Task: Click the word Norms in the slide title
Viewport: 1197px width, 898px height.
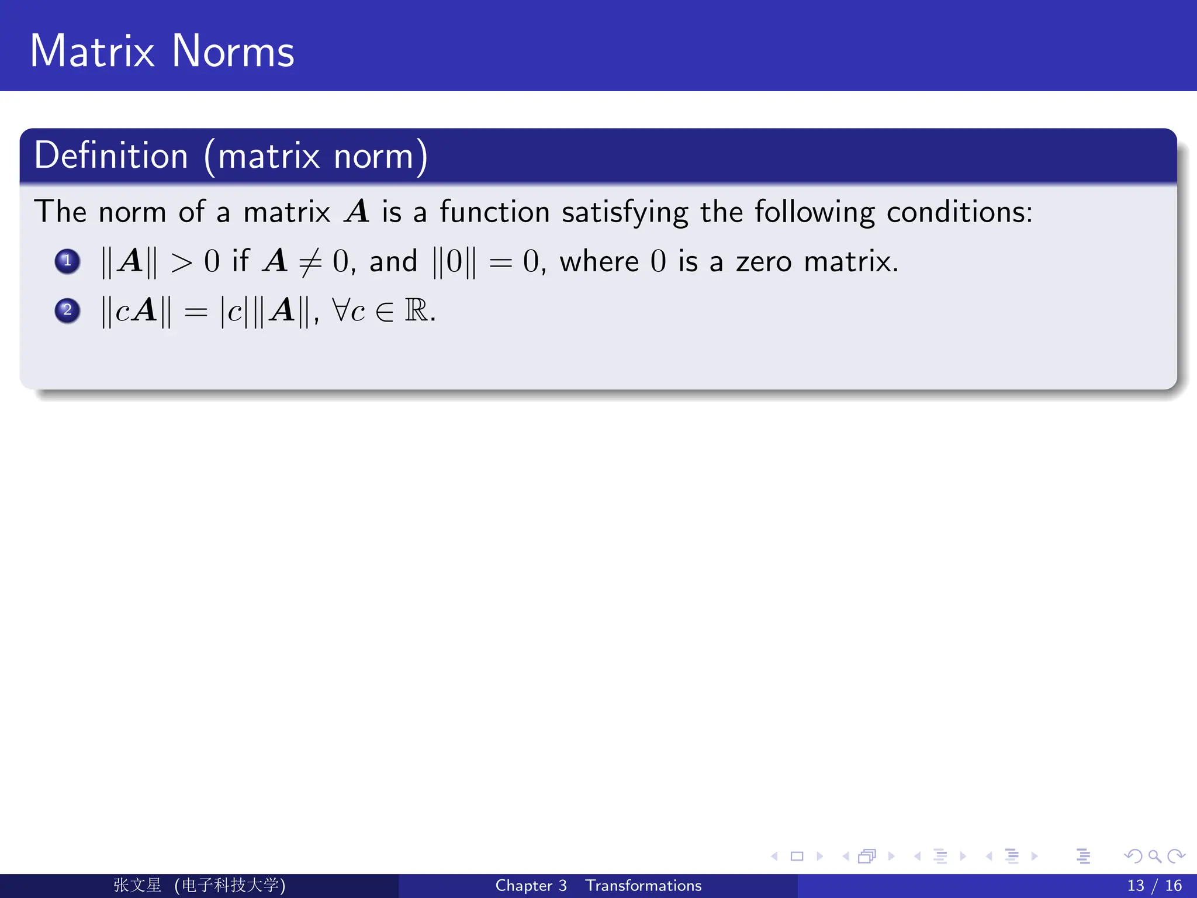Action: [233, 51]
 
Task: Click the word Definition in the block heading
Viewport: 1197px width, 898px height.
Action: [111, 156]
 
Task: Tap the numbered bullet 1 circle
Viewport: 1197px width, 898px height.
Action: [67, 261]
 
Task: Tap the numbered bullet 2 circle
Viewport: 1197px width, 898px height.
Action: [67, 310]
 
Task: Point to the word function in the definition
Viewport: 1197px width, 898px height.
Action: [494, 212]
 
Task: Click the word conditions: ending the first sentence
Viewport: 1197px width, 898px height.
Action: [959, 212]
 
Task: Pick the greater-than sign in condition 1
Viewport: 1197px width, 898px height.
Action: [181, 263]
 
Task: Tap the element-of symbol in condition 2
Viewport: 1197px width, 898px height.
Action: [385, 312]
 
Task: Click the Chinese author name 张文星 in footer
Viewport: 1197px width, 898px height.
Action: [137, 885]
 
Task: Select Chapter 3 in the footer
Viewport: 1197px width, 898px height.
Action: [531, 886]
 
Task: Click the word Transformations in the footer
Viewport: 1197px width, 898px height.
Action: [643, 886]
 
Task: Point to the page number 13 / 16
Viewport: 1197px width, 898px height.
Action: [1154, 886]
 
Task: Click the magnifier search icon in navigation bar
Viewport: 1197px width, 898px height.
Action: [1154, 856]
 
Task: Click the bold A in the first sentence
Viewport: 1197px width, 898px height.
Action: [357, 212]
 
